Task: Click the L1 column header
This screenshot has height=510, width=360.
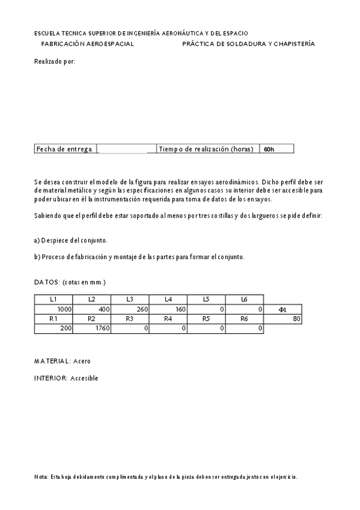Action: point(53,299)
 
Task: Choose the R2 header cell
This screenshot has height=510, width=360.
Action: point(91,319)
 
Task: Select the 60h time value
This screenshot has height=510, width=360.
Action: point(269,149)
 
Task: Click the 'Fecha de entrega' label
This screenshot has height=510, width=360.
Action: point(64,149)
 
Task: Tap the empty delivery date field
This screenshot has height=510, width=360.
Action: point(126,149)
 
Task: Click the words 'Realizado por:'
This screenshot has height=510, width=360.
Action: point(55,61)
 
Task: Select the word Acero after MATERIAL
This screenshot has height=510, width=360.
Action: point(82,361)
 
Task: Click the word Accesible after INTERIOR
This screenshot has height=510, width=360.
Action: point(84,378)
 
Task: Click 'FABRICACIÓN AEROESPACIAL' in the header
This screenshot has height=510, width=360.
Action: point(87,44)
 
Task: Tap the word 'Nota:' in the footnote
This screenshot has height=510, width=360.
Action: point(41,477)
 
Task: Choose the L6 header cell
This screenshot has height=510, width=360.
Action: point(244,299)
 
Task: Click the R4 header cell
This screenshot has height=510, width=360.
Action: point(168,319)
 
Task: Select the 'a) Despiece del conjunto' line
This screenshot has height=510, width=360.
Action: point(71,240)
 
